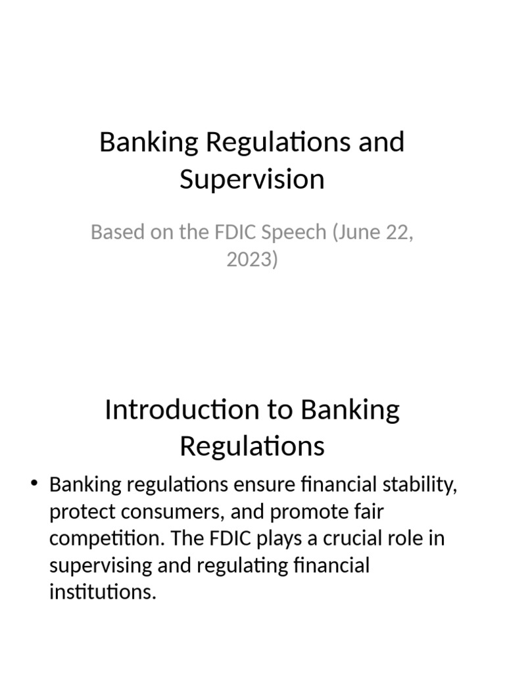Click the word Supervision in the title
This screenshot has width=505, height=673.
coord(252,179)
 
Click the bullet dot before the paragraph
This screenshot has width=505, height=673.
coord(35,485)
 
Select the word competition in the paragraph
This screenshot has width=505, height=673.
coord(93,538)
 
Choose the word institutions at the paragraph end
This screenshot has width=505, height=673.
coord(102,591)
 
